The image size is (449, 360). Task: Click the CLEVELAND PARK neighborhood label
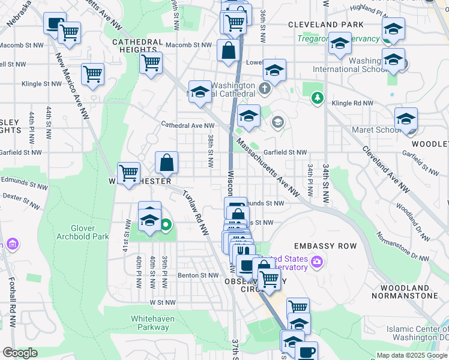[325, 25]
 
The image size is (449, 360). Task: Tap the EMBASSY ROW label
[325, 246]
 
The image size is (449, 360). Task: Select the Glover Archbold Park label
[81, 232]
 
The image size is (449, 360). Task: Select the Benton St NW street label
[197, 275]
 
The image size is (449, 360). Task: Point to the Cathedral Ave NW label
[187, 125]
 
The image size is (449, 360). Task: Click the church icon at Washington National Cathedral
[265, 90]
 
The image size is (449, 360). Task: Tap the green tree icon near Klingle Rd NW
[317, 97]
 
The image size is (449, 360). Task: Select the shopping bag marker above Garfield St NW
[167, 162]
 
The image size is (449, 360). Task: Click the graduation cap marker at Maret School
[406, 118]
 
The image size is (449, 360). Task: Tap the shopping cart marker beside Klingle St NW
[93, 75]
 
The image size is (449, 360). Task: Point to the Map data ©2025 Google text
[411, 355]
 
